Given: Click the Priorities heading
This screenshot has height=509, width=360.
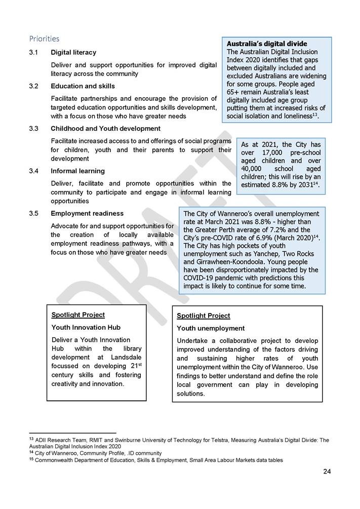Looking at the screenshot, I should (x=44, y=38).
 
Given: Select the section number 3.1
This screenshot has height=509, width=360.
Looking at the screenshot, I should (x=34, y=53).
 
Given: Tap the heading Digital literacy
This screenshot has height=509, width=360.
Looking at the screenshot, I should (x=73, y=53).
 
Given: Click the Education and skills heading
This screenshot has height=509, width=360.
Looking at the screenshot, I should (x=83, y=86).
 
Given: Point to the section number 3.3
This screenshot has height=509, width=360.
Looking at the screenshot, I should (x=34, y=129).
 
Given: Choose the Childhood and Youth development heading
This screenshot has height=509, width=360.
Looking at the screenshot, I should (x=105, y=129).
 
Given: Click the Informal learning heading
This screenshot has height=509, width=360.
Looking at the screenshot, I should (x=77, y=171).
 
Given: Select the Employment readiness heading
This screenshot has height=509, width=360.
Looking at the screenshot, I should (x=87, y=214).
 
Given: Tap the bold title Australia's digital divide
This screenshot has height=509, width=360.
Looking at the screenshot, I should (x=267, y=44).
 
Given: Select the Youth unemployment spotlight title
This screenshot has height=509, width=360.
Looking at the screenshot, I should (x=210, y=329).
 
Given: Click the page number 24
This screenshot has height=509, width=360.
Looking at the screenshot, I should (x=327, y=472).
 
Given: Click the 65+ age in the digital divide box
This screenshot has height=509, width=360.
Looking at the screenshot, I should (x=234, y=92).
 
